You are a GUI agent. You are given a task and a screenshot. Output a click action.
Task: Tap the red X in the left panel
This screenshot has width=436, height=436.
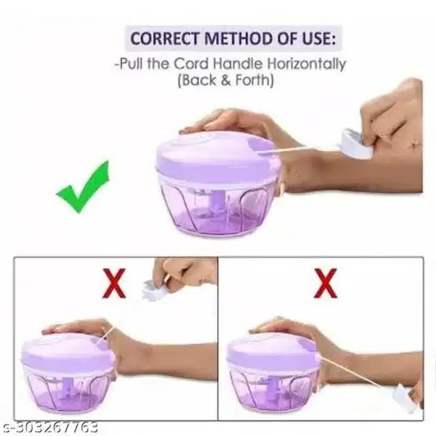click(x=114, y=283)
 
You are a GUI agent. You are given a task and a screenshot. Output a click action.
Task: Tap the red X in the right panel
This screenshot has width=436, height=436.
click(x=326, y=283)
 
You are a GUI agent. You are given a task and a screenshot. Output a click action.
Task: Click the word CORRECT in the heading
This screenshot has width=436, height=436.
click(x=165, y=38)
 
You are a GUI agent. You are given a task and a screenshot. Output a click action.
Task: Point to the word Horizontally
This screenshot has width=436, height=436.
click(x=306, y=65)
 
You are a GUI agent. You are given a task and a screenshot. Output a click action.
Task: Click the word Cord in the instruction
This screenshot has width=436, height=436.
click(x=191, y=64)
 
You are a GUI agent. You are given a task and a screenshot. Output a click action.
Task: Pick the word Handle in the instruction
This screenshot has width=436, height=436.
click(x=238, y=64)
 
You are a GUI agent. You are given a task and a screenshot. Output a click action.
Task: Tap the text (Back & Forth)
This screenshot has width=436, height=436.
click(x=225, y=80)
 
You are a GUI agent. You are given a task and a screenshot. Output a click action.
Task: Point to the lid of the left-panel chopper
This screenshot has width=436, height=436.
click(x=68, y=354)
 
